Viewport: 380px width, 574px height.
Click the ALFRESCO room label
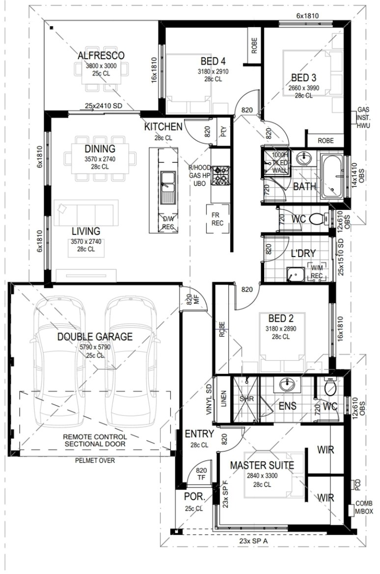coord(101,55)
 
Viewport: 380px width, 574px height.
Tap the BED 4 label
coord(213,61)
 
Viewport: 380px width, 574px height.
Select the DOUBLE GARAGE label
coord(95,337)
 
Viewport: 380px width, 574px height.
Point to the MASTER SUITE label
coord(262,465)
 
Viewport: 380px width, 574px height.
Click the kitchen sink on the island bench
coord(168,188)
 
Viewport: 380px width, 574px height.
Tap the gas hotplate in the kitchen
coord(221,175)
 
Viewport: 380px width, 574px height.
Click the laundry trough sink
coord(296,274)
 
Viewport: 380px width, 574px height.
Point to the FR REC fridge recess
coord(217,219)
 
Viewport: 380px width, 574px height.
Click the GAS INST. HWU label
coord(363,117)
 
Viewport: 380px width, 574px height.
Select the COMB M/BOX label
coord(364,507)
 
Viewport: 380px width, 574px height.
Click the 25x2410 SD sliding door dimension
coord(103,106)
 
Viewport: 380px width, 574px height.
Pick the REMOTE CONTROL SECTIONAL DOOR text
coord(95,441)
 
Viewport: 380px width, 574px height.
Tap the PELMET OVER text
coord(95,461)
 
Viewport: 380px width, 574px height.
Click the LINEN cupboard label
coord(223,399)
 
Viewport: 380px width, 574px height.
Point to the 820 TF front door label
coord(201,474)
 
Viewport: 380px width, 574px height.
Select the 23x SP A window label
coord(253,540)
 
